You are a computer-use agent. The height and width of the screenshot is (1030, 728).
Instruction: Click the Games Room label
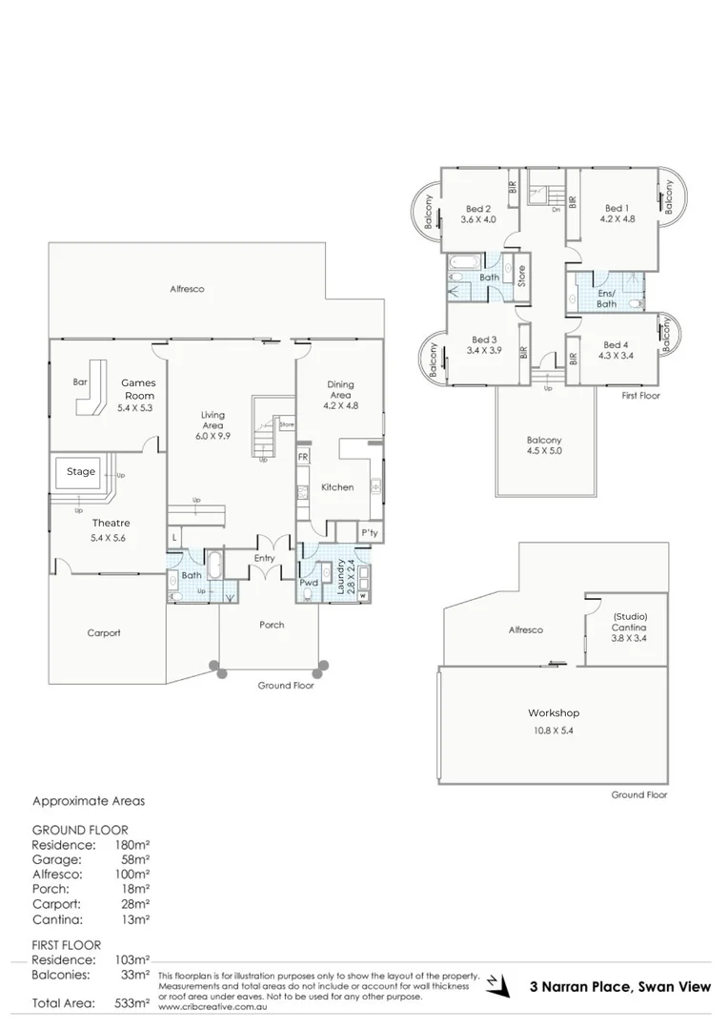pyautogui.click(x=138, y=389)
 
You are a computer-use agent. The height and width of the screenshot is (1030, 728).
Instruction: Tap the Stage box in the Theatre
pyautogui.click(x=81, y=472)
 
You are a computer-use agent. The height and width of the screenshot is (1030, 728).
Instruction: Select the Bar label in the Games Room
pyautogui.click(x=80, y=382)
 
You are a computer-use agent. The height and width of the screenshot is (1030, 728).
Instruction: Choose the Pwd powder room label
pyautogui.click(x=309, y=582)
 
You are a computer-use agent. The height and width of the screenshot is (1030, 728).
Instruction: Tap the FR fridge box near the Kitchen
pyautogui.click(x=303, y=458)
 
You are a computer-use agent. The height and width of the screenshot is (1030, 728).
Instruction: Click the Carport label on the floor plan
pyautogui.click(x=104, y=632)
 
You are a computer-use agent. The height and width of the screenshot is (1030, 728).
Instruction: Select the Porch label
pyautogui.click(x=272, y=625)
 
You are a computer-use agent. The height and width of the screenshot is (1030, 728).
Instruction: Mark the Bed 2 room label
pyautogui.click(x=478, y=209)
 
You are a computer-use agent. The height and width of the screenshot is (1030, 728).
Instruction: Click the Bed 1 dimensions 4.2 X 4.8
pyautogui.click(x=617, y=219)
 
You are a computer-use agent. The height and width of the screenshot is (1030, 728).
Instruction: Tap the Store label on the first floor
pyautogui.click(x=521, y=276)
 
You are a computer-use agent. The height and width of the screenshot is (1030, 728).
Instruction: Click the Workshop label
pyautogui.click(x=554, y=712)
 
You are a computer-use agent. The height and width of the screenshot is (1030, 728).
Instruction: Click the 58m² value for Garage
pyautogui.click(x=135, y=858)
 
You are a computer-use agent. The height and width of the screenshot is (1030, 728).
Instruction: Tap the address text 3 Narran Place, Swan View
pyautogui.click(x=620, y=987)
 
